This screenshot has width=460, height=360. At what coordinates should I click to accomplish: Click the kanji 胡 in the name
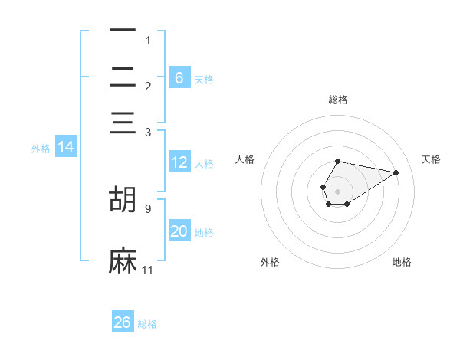pos(123,199)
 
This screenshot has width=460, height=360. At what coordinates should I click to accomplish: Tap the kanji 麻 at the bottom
pos(123,261)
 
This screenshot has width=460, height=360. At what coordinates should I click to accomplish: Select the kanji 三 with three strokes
pos(123,126)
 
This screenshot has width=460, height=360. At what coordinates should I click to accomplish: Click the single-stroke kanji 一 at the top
pos(123,31)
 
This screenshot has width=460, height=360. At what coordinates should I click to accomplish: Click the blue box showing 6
pos(179,77)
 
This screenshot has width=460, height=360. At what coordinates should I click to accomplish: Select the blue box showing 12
pos(179,162)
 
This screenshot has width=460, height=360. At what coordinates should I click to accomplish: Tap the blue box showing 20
pos(179,231)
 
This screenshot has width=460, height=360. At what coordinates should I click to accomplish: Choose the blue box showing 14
pos(65,147)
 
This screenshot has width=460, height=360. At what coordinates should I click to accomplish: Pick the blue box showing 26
pos(123,322)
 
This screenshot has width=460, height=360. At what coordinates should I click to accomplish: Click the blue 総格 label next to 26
pos(148,324)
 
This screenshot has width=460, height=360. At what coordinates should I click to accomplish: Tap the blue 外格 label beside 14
pos(40,149)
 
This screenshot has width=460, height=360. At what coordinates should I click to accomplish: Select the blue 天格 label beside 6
pos(204,79)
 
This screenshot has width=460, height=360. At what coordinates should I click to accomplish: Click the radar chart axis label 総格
pos(338,100)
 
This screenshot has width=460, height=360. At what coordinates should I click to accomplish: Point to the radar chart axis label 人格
pos(245,159)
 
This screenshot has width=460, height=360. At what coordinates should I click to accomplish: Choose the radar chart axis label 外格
pos(270,263)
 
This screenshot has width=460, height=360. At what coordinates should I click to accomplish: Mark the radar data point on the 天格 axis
pos(396,172)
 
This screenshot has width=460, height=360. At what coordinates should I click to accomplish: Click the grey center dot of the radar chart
pos(338,190)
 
